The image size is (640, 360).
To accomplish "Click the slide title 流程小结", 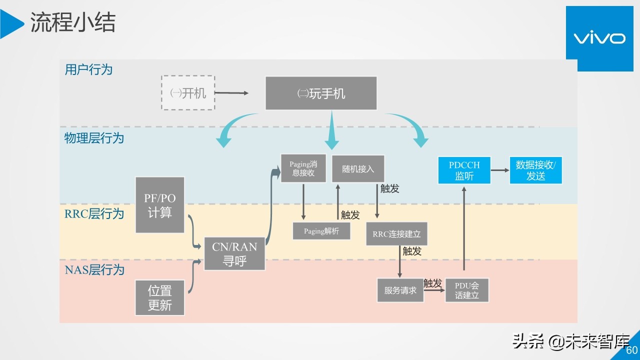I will coord(73,23).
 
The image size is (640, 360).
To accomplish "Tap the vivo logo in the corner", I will coord(598,38).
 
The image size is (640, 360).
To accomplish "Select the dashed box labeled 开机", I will coord(188,93).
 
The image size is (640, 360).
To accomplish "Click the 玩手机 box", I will coord(321,93).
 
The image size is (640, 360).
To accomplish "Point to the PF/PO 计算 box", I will coord(160,205).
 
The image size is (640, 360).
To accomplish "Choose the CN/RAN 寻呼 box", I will coord(234,254).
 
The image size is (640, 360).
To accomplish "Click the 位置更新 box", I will coord(160,297).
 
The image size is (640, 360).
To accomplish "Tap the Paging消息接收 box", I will coord(303,168).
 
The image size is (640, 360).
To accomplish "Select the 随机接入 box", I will coord(358,168).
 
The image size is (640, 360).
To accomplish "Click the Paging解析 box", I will coord(321,231).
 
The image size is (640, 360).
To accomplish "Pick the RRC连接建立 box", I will coord(396,234).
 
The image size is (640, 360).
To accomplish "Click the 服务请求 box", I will coord(400,290).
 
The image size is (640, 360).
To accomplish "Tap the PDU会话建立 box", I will coord(466,290).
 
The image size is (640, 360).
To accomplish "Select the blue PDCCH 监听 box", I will coord(464,170).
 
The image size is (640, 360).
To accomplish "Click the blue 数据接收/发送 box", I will coord(535,170).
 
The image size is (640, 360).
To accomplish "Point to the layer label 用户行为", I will coord(88,69).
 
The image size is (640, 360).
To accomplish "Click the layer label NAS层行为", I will coord(94,270).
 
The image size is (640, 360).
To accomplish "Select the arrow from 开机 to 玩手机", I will coord(231,93).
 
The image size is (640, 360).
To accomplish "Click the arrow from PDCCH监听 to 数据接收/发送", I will coord(500,170).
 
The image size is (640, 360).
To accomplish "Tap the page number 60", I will coord(632,350).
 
